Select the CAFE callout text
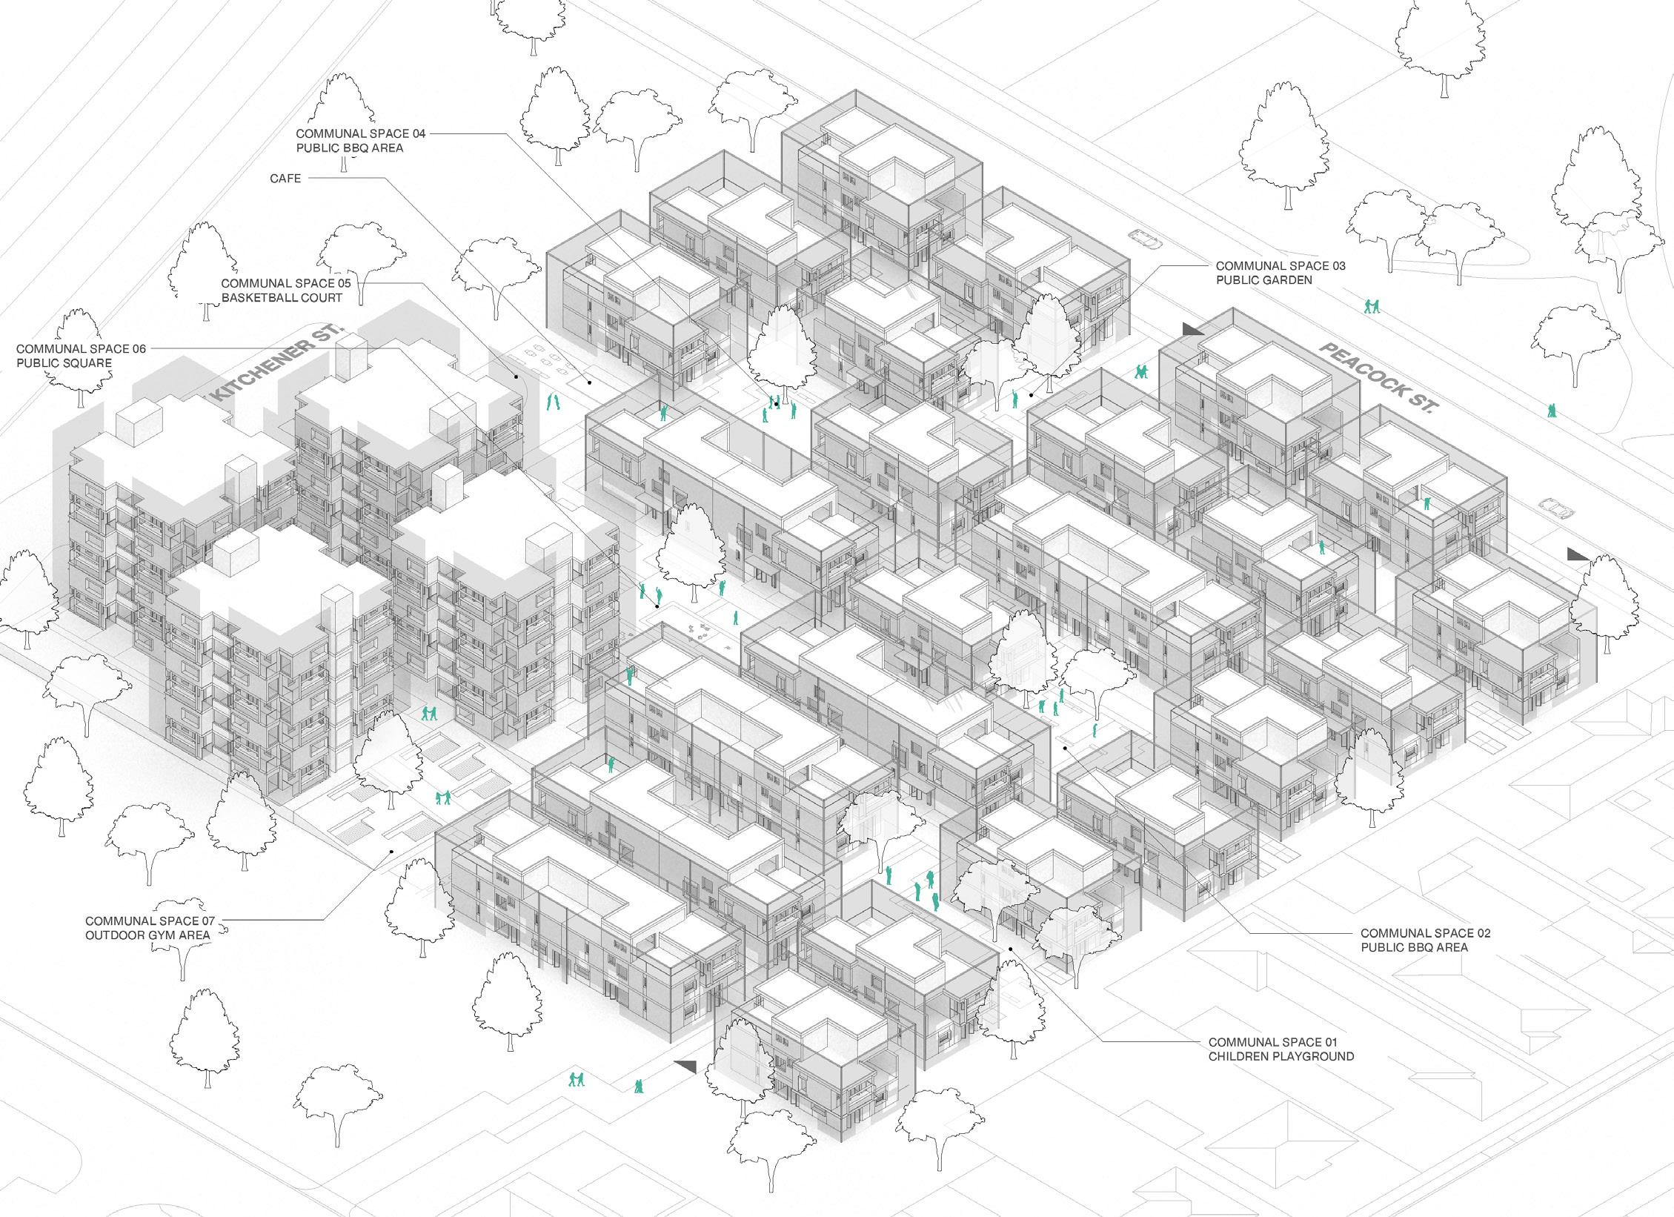[x=285, y=179]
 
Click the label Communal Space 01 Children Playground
[x=1281, y=1049]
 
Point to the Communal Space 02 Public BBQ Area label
[x=1415, y=941]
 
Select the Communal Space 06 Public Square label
[x=82, y=356]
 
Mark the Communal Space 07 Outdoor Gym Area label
[x=149, y=928]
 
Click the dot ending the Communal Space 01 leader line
[x=1012, y=949]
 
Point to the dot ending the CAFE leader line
[x=590, y=382]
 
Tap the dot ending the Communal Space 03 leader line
[x=1031, y=395]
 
